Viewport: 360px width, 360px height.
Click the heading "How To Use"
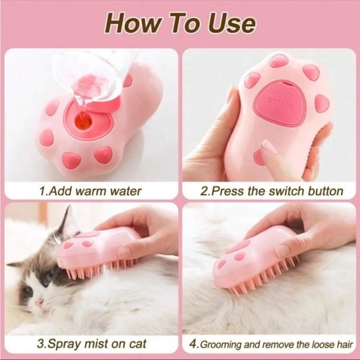point(179,22)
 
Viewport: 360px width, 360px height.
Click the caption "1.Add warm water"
point(90,191)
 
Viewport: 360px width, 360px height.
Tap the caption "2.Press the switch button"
point(271,191)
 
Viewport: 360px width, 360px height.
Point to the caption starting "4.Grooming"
point(271,343)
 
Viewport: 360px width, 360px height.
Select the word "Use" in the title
point(232,22)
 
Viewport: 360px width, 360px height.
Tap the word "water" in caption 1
point(125,191)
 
